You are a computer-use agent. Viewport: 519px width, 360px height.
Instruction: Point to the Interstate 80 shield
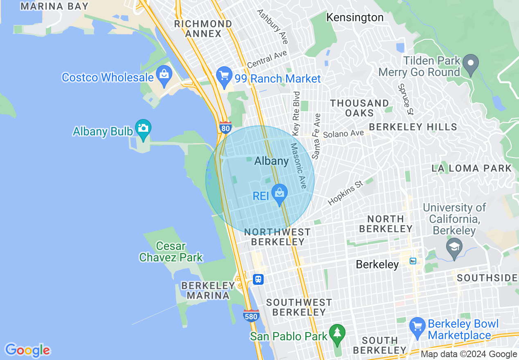pyautogui.click(x=225, y=128)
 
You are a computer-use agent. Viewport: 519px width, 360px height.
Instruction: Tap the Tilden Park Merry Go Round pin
pyautogui.click(x=471, y=64)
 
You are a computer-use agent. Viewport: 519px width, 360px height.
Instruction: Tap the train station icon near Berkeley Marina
pyautogui.click(x=258, y=279)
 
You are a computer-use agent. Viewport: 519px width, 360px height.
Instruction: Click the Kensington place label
pyautogui.click(x=355, y=18)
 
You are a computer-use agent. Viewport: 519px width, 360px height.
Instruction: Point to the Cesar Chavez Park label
pyautogui.click(x=171, y=252)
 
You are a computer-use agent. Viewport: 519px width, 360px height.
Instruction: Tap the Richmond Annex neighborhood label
pyautogui.click(x=203, y=28)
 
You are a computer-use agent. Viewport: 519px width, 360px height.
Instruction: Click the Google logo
pyautogui.click(x=27, y=350)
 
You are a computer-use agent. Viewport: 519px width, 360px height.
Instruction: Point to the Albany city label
pyautogui.click(x=271, y=161)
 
